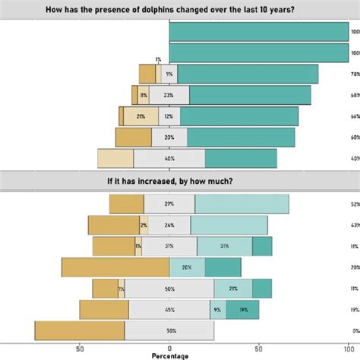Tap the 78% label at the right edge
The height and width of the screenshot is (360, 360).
[354, 74]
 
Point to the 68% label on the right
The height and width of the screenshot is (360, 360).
[354, 95]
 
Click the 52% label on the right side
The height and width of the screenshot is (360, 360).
[354, 204]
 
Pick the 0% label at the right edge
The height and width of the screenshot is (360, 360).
[354, 330]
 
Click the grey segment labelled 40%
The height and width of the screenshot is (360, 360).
[169, 158]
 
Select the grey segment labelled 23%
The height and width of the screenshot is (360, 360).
[169, 95]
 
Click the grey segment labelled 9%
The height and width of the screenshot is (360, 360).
[169, 74]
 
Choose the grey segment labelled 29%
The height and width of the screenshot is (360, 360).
[169, 204]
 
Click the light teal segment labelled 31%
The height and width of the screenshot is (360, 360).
[224, 246]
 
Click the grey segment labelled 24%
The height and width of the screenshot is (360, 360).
[169, 225]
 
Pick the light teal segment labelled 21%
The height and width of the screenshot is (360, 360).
[232, 289]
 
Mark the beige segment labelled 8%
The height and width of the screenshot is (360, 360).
[144, 95]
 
